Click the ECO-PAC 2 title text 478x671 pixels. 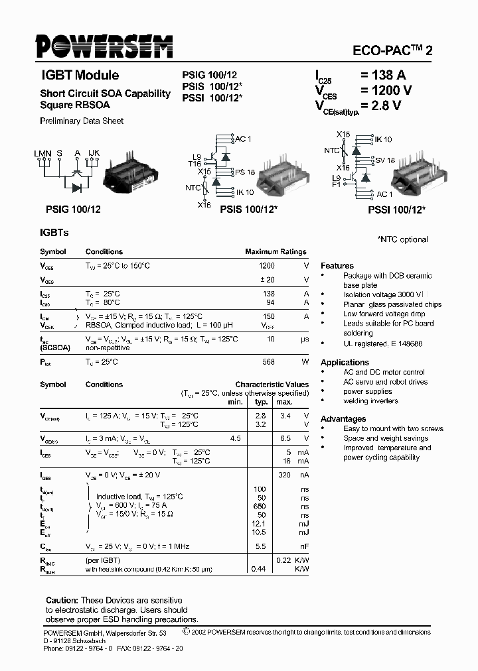[x=392, y=50]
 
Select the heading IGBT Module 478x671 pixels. [x=80, y=76]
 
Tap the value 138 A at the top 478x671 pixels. [x=383, y=76]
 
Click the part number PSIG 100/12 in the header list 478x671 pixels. [x=209, y=76]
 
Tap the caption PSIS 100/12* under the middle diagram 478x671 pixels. [x=248, y=209]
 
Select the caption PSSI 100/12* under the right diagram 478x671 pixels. [x=396, y=209]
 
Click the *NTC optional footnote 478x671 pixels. [x=402, y=239]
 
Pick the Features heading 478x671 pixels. [x=337, y=265]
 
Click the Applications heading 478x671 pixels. [x=345, y=363]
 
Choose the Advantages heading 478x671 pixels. [x=343, y=419]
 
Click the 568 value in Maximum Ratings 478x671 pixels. [x=268, y=362]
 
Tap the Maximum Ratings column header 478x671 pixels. [x=276, y=252]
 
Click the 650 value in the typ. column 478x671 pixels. [x=260, y=506]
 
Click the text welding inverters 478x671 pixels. [x=370, y=401]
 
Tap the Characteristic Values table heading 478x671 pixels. [x=272, y=385]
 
